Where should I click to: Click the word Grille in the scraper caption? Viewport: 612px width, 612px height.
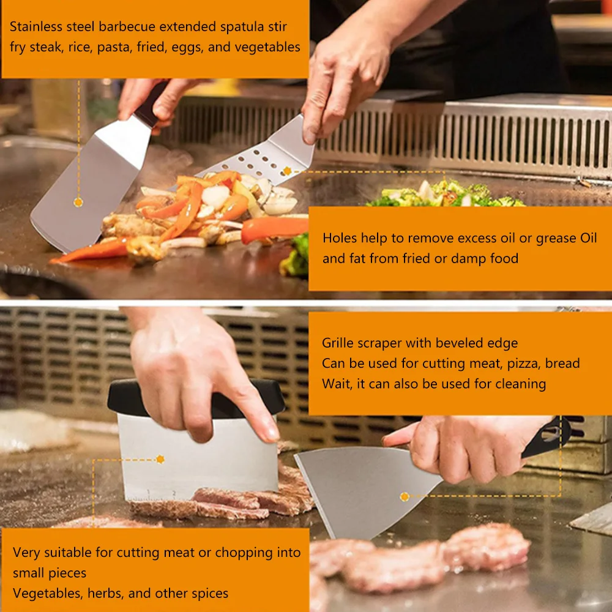[338, 343]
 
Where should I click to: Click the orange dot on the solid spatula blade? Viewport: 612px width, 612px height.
[78, 202]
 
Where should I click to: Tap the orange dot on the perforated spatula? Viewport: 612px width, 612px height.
[287, 171]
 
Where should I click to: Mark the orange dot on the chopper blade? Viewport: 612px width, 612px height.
[160, 459]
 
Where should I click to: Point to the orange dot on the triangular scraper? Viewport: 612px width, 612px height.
[405, 497]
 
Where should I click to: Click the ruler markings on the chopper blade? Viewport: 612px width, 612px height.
[152, 496]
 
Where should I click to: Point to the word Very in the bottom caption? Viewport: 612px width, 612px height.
[26, 553]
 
